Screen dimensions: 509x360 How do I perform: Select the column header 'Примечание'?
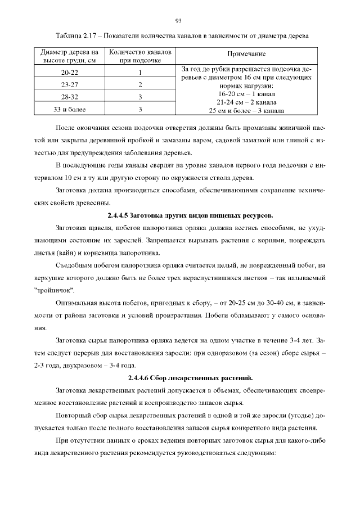coord(246,55)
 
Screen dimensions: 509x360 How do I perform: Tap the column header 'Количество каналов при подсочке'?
coord(139,55)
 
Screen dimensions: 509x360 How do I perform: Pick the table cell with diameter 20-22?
coord(70,73)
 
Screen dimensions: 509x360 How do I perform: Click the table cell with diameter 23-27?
coord(70,85)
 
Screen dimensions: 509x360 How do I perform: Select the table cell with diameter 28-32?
coord(70,97)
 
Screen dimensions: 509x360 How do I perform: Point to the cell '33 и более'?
coord(70,109)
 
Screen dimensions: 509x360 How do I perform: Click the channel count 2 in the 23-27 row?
coord(139,85)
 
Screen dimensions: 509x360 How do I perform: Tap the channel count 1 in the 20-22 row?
coord(139,73)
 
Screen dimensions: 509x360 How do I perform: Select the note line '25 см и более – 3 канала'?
coord(246,111)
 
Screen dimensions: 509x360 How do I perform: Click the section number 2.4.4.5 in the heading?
coord(123,216)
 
